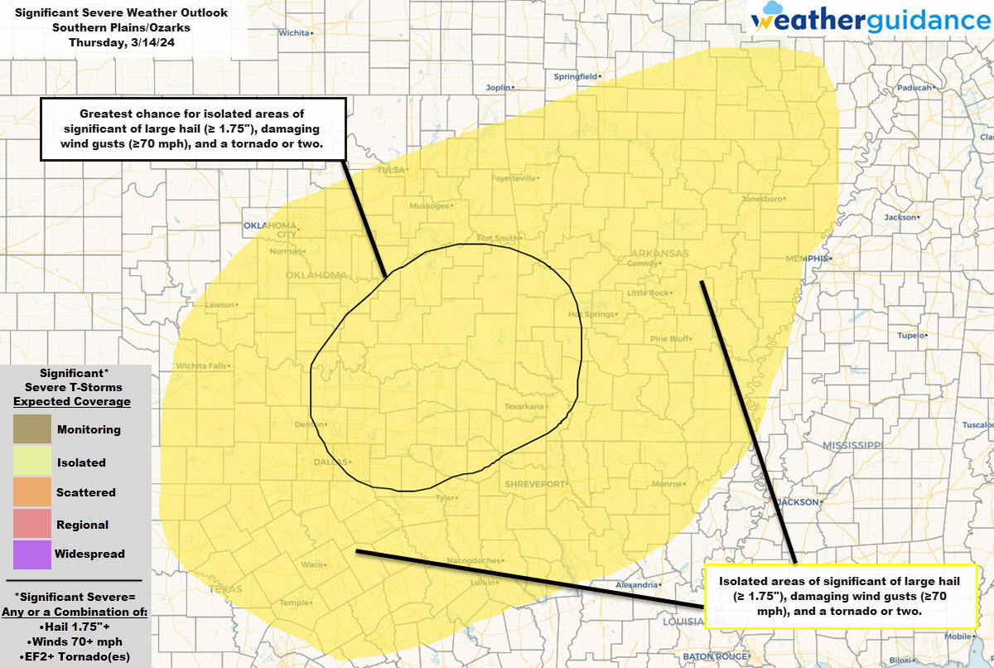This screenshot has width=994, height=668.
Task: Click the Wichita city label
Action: [x=296, y=33]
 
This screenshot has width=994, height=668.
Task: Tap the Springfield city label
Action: [x=574, y=77]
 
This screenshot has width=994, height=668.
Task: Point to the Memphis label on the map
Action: [x=806, y=259]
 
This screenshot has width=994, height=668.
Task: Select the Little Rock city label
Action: [x=648, y=293]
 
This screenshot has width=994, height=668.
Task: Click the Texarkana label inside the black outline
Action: [x=524, y=407]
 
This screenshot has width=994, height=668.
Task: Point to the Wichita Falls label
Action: [x=200, y=366]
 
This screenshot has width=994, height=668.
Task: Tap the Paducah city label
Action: [x=916, y=87]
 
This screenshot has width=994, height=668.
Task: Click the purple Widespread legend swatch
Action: [x=31, y=554]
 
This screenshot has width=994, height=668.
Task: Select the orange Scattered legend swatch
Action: [x=31, y=492]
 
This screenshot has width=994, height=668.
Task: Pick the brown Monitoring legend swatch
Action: [x=31, y=429]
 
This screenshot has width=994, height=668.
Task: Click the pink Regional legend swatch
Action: [x=31, y=524]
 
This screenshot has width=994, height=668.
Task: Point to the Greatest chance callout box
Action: [x=192, y=129]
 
